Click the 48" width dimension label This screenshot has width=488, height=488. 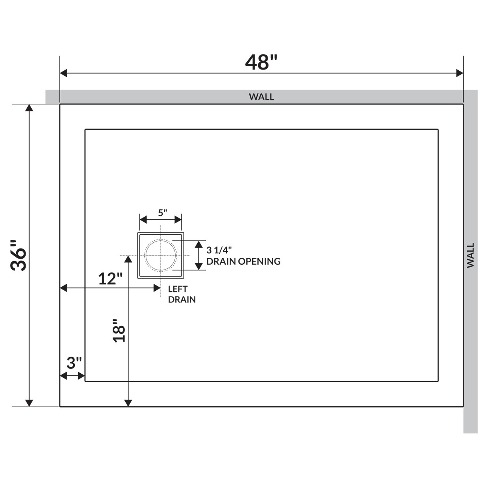(x=261, y=62)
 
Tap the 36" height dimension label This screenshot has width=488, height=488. (x=18, y=255)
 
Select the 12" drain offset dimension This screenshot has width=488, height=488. (x=110, y=279)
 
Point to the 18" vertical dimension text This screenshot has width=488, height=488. (x=119, y=331)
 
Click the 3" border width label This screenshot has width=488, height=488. (x=74, y=363)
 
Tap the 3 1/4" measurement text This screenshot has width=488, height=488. (x=219, y=250)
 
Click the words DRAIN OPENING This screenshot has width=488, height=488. (x=243, y=261)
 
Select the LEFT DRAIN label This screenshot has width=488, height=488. (x=182, y=294)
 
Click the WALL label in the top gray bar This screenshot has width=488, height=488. (x=261, y=97)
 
